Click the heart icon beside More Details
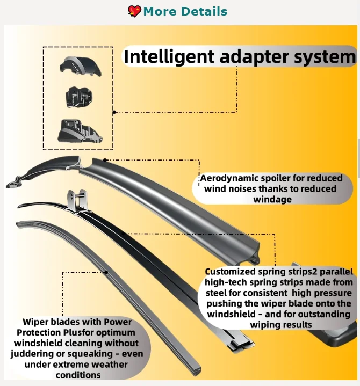[134, 11]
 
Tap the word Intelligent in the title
[169, 56]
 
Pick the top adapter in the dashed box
[81, 65]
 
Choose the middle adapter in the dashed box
[79, 97]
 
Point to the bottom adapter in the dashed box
[80, 131]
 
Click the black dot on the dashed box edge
[114, 112]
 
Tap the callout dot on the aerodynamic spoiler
[105, 160]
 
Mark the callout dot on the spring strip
[124, 233]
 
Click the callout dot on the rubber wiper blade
[106, 272]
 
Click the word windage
[272, 199]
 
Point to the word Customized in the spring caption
[230, 272]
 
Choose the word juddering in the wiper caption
[32, 354]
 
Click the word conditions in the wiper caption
[78, 375]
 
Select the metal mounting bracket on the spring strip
[77, 200]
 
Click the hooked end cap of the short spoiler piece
[15, 182]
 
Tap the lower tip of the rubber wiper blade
[197, 371]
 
